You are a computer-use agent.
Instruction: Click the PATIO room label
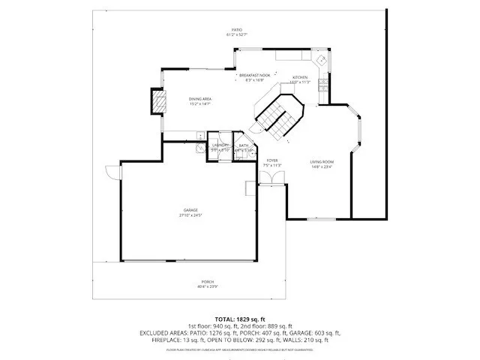pos(236,29)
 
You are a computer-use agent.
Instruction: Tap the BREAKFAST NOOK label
pos(254,76)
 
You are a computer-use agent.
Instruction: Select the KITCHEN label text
pos(300,77)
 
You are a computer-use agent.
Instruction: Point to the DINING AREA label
pos(199,99)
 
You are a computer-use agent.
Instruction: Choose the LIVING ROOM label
pos(322,162)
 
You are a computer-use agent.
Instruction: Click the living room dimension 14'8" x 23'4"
pos(322,167)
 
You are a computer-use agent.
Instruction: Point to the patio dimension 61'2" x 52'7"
pos(236,34)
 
